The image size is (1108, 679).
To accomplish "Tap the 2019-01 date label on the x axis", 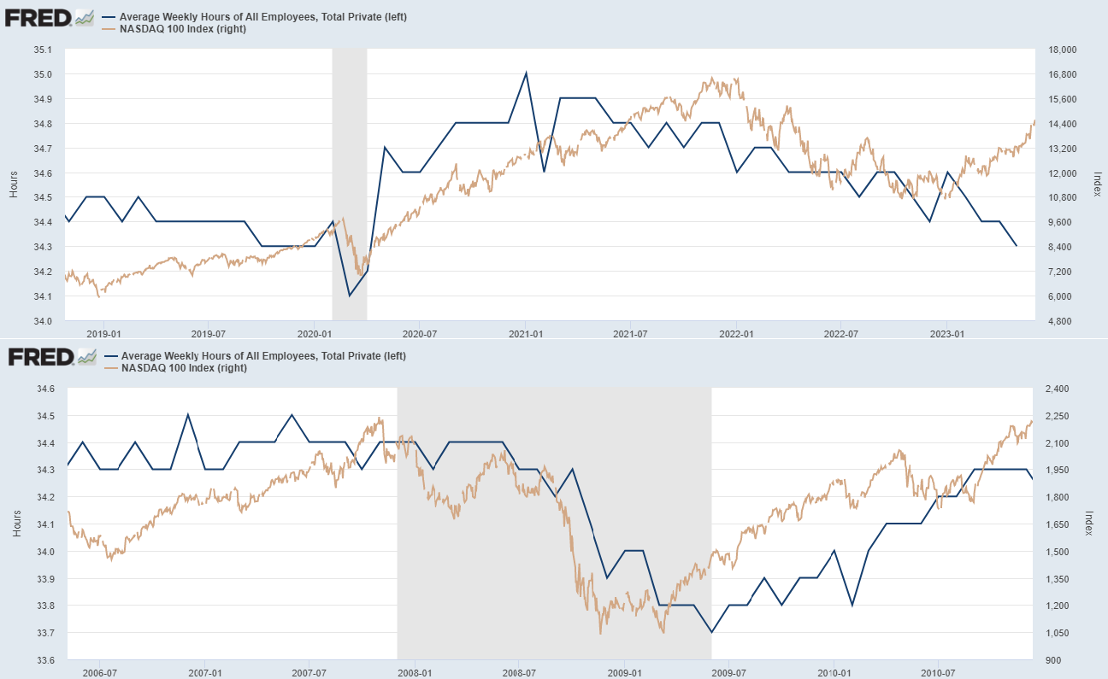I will [x=102, y=334].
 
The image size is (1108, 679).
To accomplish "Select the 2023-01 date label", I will [x=946, y=334].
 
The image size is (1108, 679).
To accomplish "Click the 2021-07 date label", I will [x=629, y=334].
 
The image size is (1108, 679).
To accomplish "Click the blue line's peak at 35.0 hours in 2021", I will [x=526, y=73].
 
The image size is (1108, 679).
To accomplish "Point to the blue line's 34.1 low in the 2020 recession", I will [x=349, y=296].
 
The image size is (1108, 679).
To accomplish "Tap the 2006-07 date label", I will [x=99, y=673].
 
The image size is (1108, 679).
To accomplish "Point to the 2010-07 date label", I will [x=938, y=673].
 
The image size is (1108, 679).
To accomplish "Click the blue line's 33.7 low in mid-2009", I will [x=711, y=632].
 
